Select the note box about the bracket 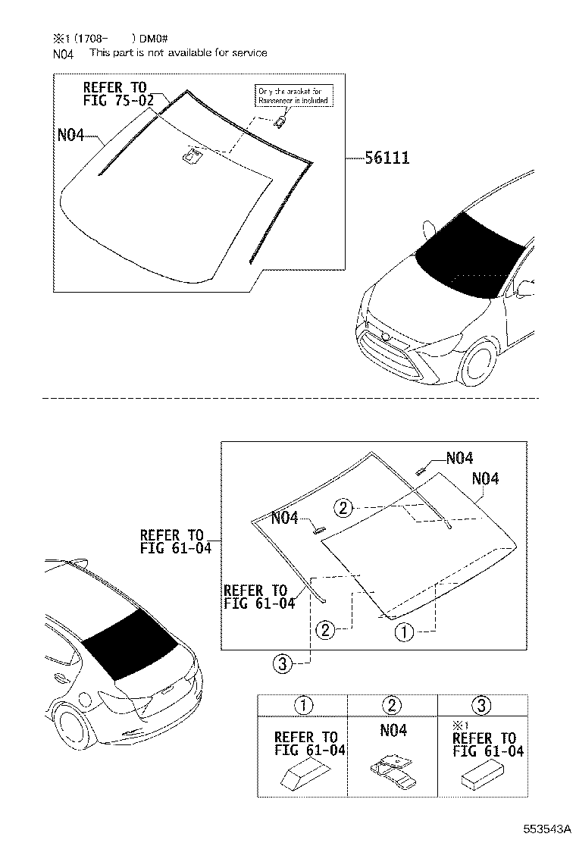[293, 96]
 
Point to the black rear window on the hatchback [129, 643]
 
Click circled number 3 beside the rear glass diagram [281, 664]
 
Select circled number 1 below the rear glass [402, 631]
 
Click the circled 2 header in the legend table [392, 706]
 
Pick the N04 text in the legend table [392, 731]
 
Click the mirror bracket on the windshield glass [191, 156]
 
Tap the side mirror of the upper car [427, 228]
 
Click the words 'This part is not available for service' [178, 53]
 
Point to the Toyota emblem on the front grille [386, 335]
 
